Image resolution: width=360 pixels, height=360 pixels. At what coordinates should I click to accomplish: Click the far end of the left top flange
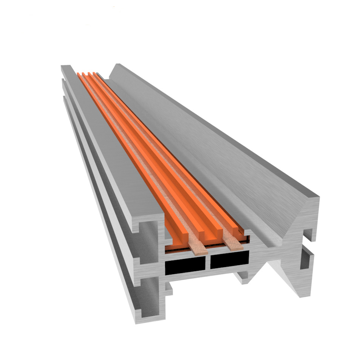tap(66, 67)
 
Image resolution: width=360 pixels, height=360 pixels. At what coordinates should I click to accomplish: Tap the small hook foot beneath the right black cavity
tap(241, 279)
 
